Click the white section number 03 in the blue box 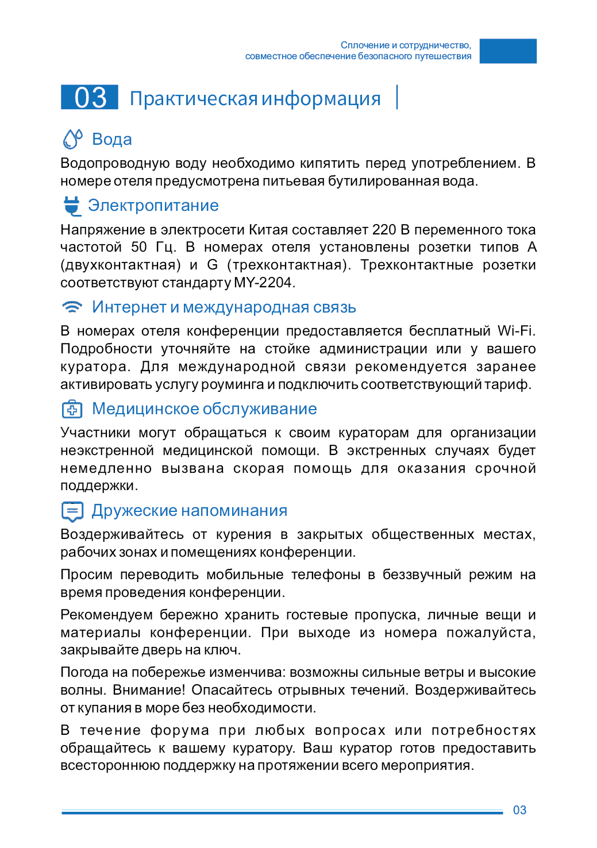(x=90, y=97)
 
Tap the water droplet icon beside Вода (x=72, y=139)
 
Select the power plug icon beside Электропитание (x=72, y=205)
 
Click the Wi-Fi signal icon (x=72, y=307)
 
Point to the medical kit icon (x=72, y=409)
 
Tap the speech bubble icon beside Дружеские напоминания (x=72, y=511)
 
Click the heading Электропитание (x=153, y=206)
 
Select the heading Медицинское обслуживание (x=204, y=409)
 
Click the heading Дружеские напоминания (x=189, y=511)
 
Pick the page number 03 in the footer (x=519, y=810)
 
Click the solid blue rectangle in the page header (x=508, y=51)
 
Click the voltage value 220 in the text (x=384, y=230)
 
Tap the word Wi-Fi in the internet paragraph (x=516, y=331)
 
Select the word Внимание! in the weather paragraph (x=148, y=690)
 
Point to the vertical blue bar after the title (x=397, y=97)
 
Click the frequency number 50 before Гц (x=139, y=247)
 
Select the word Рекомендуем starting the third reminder (x=106, y=615)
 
